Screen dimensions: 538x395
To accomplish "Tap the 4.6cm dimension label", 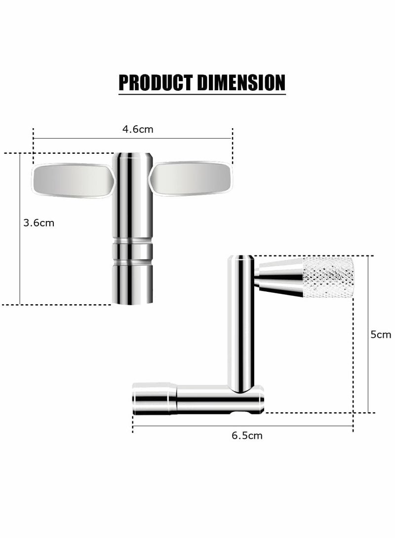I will [138, 130].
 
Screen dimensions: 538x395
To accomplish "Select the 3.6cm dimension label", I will [39, 223].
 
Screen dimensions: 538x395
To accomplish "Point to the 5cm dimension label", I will [381, 334].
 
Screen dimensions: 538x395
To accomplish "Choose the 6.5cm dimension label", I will [247, 435].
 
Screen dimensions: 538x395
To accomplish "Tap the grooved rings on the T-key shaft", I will [132, 251].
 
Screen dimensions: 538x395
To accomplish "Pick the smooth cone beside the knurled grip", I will [280, 278].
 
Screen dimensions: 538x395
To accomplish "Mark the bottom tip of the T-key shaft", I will [132, 298].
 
